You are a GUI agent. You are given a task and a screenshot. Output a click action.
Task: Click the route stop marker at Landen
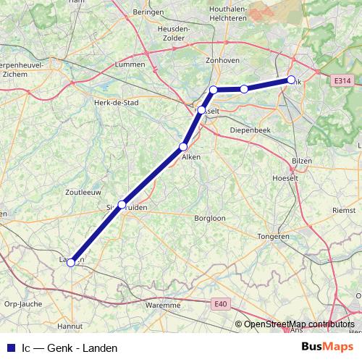[71, 263]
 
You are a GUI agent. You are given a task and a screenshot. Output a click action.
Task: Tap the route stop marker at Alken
[184, 147]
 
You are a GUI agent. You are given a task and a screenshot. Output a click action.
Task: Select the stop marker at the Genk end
[291, 80]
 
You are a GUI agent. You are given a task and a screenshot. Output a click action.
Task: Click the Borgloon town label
[210, 217]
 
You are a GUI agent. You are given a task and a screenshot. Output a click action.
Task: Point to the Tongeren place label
[274, 237]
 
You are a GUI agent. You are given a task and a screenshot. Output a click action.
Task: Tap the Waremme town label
[162, 306]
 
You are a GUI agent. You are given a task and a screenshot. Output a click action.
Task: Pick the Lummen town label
[130, 65]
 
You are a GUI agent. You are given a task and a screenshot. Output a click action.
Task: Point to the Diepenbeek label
[250, 130]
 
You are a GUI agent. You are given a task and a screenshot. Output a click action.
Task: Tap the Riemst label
[343, 211]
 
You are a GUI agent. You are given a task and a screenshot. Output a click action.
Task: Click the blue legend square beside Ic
[11, 348]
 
